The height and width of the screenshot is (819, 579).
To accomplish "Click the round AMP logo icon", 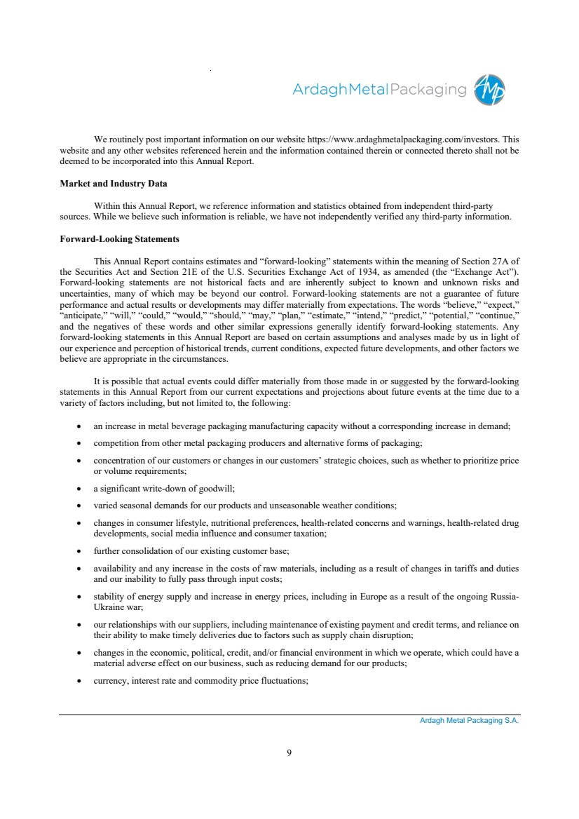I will (490, 90).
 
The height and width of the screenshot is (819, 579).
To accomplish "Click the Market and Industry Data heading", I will (114, 184).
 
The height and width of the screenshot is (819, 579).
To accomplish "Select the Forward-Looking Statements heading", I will (120, 239).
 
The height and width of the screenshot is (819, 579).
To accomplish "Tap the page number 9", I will (289, 753).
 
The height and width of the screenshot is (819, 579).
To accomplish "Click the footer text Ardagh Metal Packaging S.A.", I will (465, 720).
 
